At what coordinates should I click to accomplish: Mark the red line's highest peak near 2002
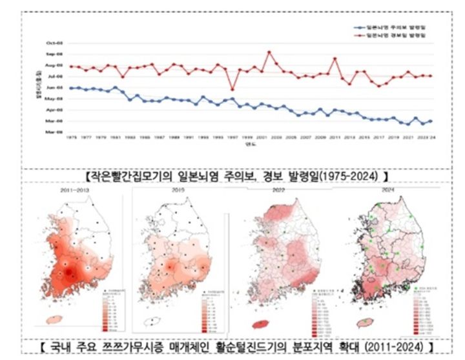(x=269, y=52)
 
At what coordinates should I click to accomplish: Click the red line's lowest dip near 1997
(x=232, y=89)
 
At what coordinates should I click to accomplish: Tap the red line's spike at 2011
(x=335, y=59)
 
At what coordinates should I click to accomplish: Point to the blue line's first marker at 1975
(x=71, y=88)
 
